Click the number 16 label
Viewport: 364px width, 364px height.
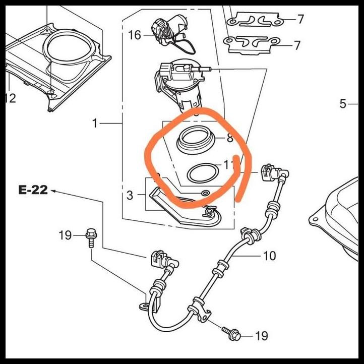coord(135,35)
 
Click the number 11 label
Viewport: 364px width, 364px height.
coord(228,165)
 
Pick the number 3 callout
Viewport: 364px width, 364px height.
coord(130,195)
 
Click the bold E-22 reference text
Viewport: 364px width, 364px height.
coord(33,190)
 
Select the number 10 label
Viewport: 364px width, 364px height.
coord(269,256)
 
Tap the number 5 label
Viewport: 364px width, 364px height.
coord(343,104)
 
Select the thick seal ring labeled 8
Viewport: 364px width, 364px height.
coord(194,140)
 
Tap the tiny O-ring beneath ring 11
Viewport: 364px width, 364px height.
coord(204,193)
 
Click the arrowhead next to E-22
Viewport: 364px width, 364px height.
coord(53,191)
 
